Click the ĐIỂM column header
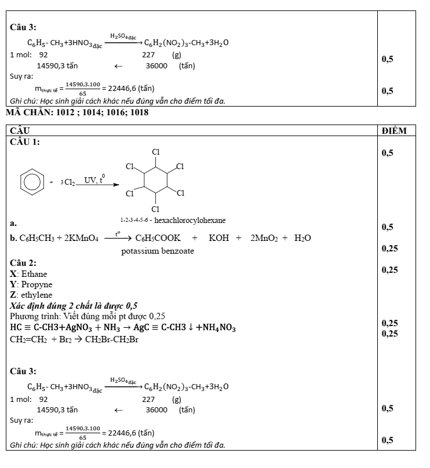pos(394,131)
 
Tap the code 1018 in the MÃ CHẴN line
pos(140,112)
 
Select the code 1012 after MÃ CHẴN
pos(65,112)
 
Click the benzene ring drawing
pos(32,182)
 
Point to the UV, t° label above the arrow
pos(94,180)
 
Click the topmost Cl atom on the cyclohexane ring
pos(156,152)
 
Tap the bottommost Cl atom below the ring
pos(155,209)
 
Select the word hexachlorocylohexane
pos(190,221)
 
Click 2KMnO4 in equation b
pos(81,238)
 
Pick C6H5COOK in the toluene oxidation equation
pos(158,238)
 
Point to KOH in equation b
pos(219,238)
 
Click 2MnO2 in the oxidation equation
pos(264,238)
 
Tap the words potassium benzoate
pos(158,251)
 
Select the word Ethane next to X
pos(34,274)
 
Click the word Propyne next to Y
pos(37,285)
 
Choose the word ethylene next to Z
pos(37,295)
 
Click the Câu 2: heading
pos(23,263)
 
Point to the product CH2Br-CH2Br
pos(112,339)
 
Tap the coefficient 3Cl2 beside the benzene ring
pos(68,182)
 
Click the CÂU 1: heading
pos(25,141)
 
